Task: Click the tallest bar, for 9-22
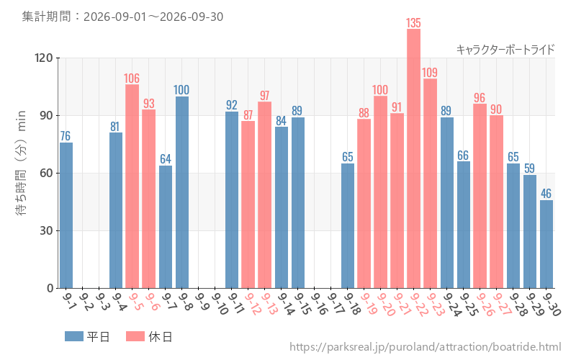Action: click(x=413, y=158)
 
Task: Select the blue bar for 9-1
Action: click(x=66, y=215)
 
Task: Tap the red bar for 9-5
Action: click(x=132, y=186)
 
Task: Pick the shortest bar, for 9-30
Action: click(x=546, y=244)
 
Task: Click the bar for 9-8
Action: click(x=182, y=192)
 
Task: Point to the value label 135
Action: click(x=413, y=23)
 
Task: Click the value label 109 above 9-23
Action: click(x=430, y=73)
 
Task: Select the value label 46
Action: click(x=546, y=194)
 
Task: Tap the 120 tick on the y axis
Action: click(x=44, y=58)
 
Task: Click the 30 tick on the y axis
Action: click(x=47, y=230)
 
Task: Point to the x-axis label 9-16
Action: click(x=319, y=304)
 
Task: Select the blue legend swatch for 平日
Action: click(x=74, y=336)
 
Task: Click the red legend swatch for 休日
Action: click(x=135, y=336)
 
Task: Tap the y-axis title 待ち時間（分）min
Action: click(x=21, y=163)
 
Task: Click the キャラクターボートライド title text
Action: click(x=505, y=50)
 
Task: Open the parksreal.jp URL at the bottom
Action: click(x=426, y=347)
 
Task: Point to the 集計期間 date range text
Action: click(x=122, y=17)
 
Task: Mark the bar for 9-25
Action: click(x=463, y=225)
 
